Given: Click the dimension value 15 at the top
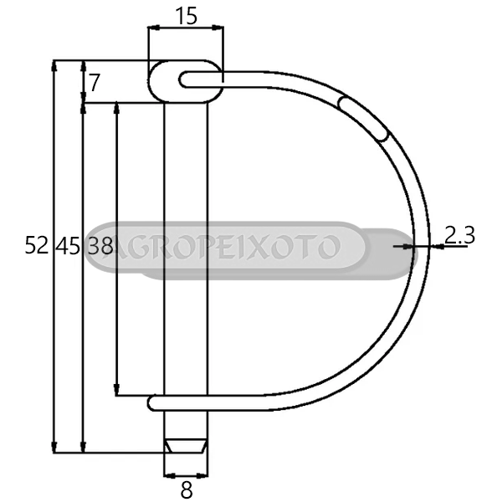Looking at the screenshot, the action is (x=187, y=17).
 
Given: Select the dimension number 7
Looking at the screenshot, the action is (x=95, y=83).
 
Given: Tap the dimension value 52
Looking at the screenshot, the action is (x=37, y=245).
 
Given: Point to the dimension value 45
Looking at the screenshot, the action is (x=67, y=246).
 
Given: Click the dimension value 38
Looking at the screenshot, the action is (x=100, y=245).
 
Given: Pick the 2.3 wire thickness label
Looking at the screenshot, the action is (x=459, y=235).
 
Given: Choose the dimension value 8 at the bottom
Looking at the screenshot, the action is (x=187, y=489).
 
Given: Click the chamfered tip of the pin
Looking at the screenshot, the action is (x=186, y=446).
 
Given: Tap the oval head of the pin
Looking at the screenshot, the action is (x=186, y=81).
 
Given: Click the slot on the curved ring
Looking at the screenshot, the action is (x=364, y=118).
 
